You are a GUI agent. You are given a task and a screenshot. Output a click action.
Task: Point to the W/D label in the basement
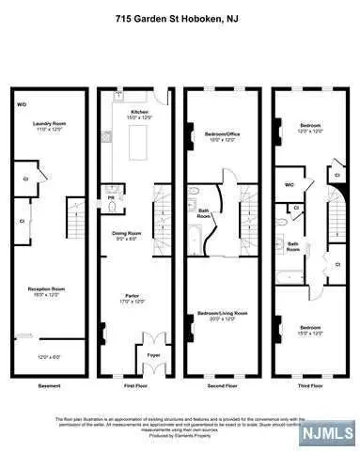[22, 104]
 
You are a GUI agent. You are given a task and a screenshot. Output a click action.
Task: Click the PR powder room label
[111, 198]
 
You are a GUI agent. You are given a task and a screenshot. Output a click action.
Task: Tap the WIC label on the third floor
[290, 185]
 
